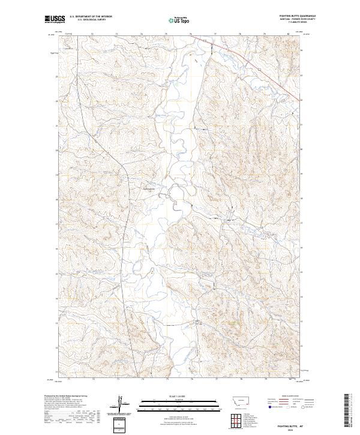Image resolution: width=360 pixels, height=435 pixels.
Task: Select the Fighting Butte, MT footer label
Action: [x=299, y=422]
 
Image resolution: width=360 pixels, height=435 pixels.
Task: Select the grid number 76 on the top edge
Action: [x=190, y=34]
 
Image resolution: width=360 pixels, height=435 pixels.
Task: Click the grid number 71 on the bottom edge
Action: [x=68, y=379]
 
